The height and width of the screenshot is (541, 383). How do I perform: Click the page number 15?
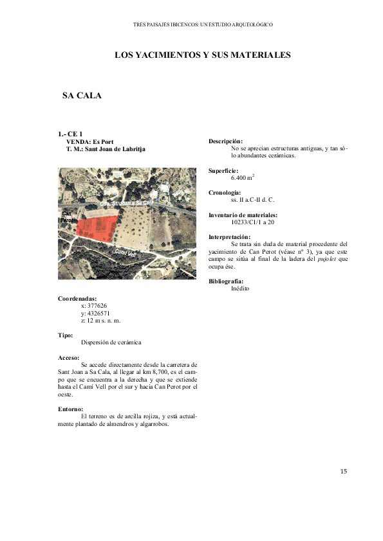point(344,472)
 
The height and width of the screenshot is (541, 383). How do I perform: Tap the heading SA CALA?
point(82,96)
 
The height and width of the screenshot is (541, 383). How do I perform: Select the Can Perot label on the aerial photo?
point(67,217)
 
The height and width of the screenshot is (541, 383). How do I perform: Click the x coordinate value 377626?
point(94,306)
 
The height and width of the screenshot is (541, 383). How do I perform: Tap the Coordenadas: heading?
point(77,299)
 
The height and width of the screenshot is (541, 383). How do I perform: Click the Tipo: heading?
point(66,335)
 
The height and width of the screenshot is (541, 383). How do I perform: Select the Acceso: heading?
point(69,357)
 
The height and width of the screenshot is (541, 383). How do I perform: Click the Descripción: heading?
point(226,141)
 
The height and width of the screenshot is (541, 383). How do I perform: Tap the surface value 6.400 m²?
point(243,177)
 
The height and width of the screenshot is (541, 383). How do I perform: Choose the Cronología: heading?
point(225,193)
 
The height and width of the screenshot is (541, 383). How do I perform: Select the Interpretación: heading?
point(230,237)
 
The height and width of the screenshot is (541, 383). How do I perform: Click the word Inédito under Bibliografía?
point(240,288)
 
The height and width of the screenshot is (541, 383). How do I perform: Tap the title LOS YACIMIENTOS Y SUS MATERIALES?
point(203,55)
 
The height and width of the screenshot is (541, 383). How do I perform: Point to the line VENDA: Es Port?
point(90,141)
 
